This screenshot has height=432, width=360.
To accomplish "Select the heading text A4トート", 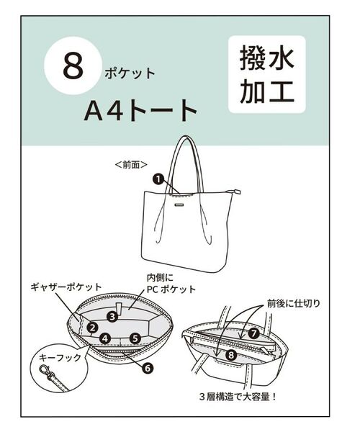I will pyautogui.click(x=140, y=109).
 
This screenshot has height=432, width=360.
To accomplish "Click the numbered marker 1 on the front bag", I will pyautogui.click(x=157, y=179).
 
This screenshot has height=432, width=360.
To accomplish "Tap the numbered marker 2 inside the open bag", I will pyautogui.click(x=92, y=327).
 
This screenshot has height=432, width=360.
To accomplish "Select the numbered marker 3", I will pyautogui.click(x=112, y=315).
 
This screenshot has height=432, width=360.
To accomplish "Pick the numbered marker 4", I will pyautogui.click(x=105, y=337).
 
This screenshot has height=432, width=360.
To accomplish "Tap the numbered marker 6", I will pyautogui.click(x=148, y=368).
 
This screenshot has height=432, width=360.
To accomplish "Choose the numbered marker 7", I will pyautogui.click(x=253, y=333).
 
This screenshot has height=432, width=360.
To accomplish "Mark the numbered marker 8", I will pyautogui.click(x=230, y=354).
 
